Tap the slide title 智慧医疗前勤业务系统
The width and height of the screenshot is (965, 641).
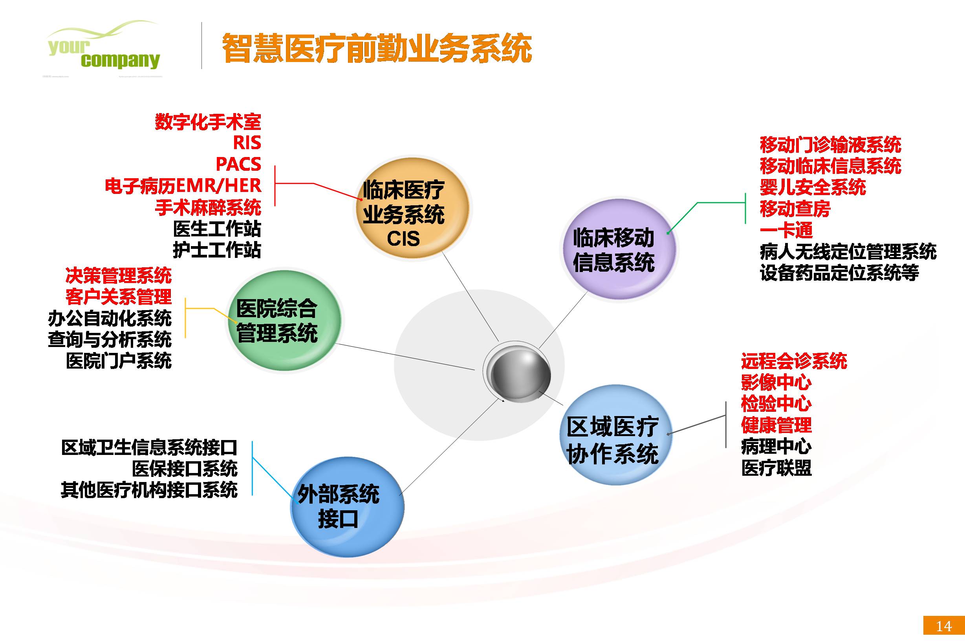click(377, 49)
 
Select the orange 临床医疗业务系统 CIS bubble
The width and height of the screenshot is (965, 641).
click(412, 208)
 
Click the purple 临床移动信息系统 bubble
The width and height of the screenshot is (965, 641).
click(617, 249)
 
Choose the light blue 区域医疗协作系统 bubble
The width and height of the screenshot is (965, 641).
click(616, 435)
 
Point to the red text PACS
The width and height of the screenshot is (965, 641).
click(238, 164)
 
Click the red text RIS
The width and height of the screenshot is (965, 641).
click(247, 142)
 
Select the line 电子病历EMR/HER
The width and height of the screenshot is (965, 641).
click(183, 186)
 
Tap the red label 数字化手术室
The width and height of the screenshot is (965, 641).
click(208, 122)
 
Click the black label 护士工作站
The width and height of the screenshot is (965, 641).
click(217, 250)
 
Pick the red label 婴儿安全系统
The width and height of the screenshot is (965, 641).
click(813, 187)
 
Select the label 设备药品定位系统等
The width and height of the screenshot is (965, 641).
click(839, 273)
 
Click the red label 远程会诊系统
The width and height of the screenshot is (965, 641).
click(794, 362)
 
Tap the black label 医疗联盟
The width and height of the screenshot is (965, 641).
click(776, 468)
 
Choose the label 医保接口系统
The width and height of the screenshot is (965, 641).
click(185, 469)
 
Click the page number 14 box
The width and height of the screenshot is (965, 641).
click(944, 626)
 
